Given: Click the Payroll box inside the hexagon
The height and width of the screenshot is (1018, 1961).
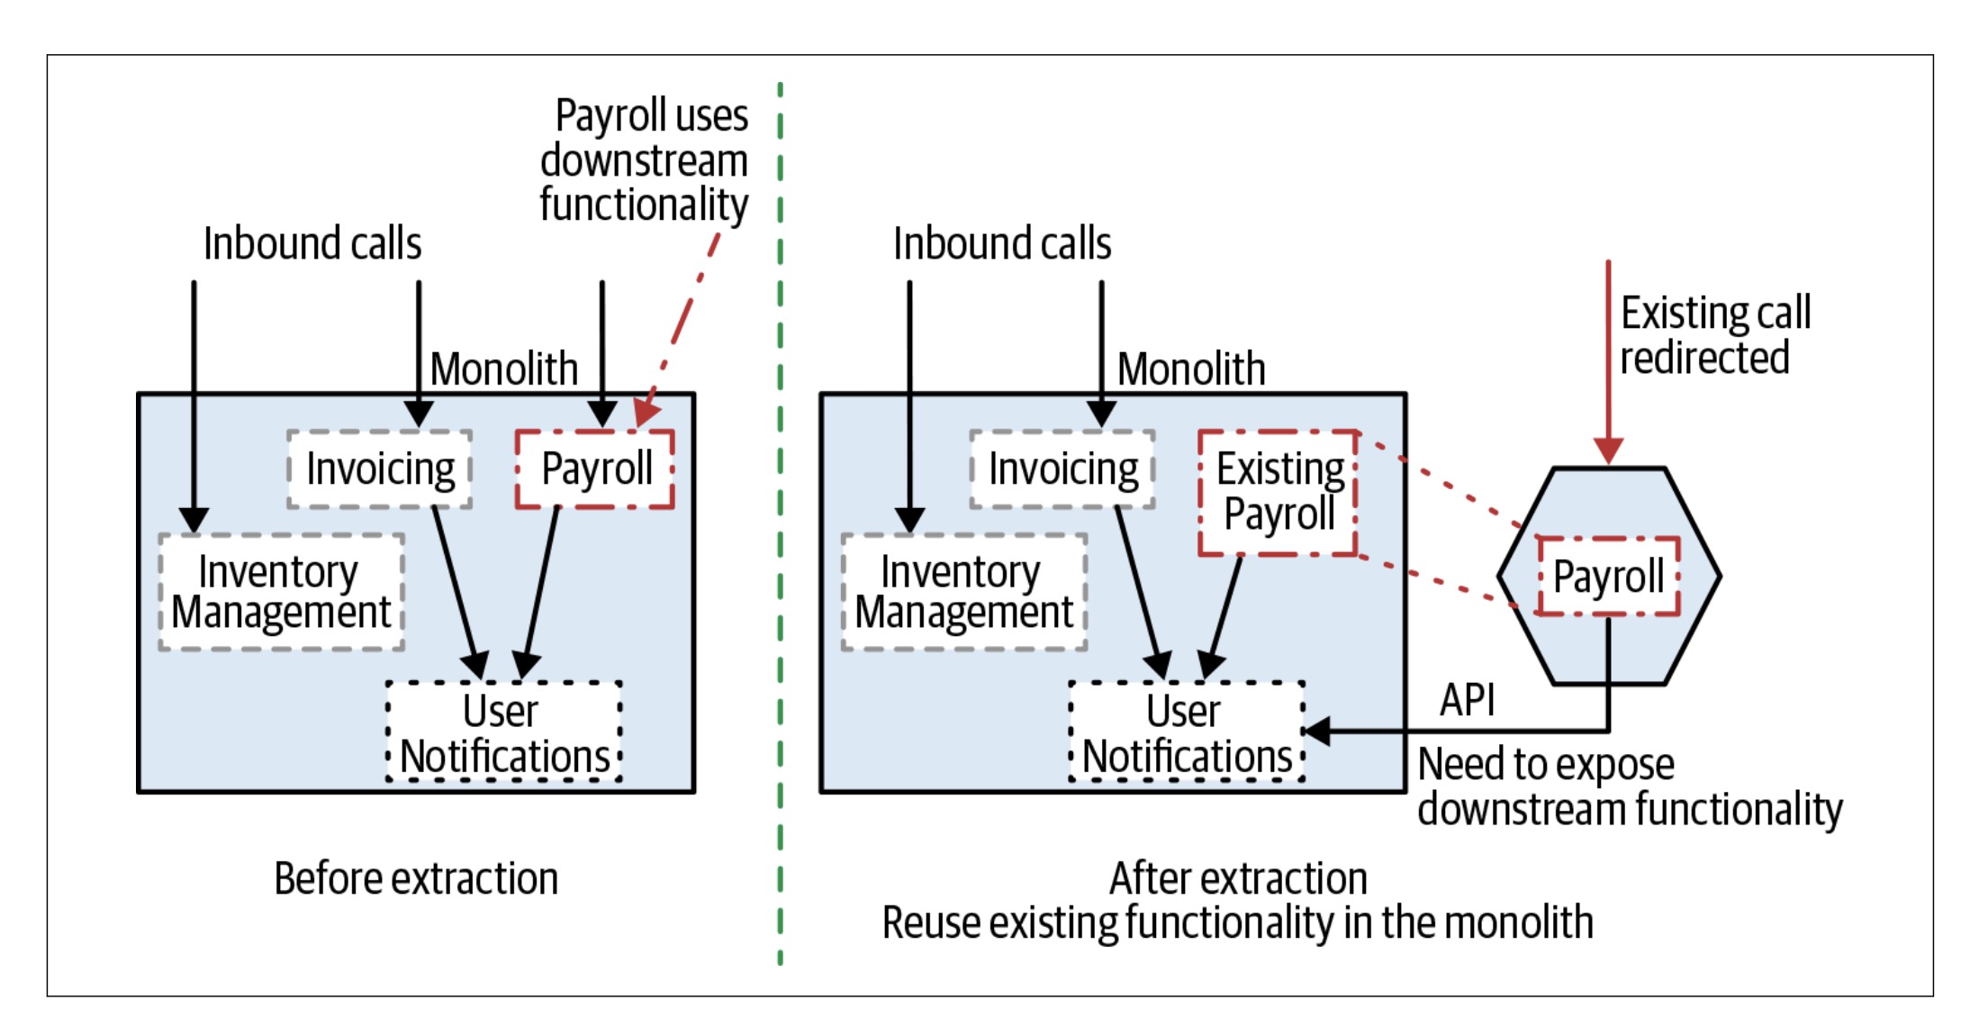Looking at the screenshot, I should click(x=1608, y=577).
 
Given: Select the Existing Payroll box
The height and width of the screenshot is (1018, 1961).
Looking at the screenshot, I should click(x=1279, y=493).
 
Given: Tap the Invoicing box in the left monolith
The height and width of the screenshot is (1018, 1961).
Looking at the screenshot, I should click(x=380, y=469).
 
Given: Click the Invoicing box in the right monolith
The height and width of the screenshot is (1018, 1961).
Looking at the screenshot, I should click(x=1062, y=469).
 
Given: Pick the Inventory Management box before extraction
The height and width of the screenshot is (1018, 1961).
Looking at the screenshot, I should click(x=281, y=592).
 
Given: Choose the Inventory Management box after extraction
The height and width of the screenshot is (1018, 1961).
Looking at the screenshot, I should click(x=963, y=592).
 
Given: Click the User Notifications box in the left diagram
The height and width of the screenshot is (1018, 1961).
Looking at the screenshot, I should click(x=504, y=732).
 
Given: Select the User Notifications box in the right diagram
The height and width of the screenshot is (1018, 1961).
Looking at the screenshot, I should click(x=1187, y=732).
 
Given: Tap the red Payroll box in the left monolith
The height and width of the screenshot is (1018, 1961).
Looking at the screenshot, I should click(x=595, y=469).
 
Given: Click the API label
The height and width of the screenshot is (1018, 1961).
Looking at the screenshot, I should click(x=1467, y=700).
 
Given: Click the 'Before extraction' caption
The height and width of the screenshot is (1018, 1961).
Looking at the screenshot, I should click(x=416, y=878).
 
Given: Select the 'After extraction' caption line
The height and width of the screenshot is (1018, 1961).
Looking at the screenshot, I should click(x=1238, y=878).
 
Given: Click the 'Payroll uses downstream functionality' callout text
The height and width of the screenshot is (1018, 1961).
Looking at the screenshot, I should click(x=644, y=160).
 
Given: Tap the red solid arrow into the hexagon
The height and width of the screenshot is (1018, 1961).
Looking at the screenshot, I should click(x=1608, y=360).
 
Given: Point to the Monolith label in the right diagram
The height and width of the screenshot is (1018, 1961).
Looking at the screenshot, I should click(x=1190, y=368).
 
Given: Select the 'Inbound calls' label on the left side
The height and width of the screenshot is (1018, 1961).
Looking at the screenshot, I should click(x=312, y=243).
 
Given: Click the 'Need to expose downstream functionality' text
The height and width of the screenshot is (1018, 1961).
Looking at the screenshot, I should click(x=1630, y=786).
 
